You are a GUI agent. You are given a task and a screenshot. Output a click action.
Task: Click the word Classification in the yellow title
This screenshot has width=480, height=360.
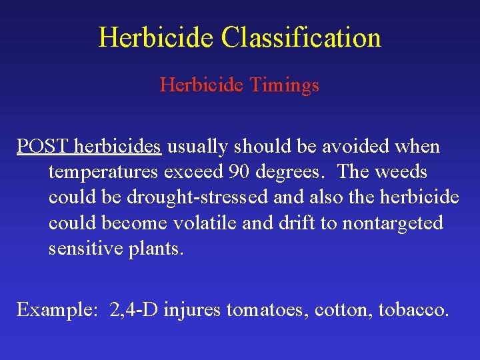[301, 37]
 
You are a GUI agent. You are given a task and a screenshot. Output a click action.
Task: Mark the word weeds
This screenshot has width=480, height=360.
[401, 172]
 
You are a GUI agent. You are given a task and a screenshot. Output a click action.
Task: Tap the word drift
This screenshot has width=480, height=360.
[299, 223]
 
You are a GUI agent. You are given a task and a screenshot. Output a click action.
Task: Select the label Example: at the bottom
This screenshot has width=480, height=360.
[55, 310]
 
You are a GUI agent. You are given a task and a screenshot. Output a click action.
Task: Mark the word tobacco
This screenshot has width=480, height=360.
[413, 310]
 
